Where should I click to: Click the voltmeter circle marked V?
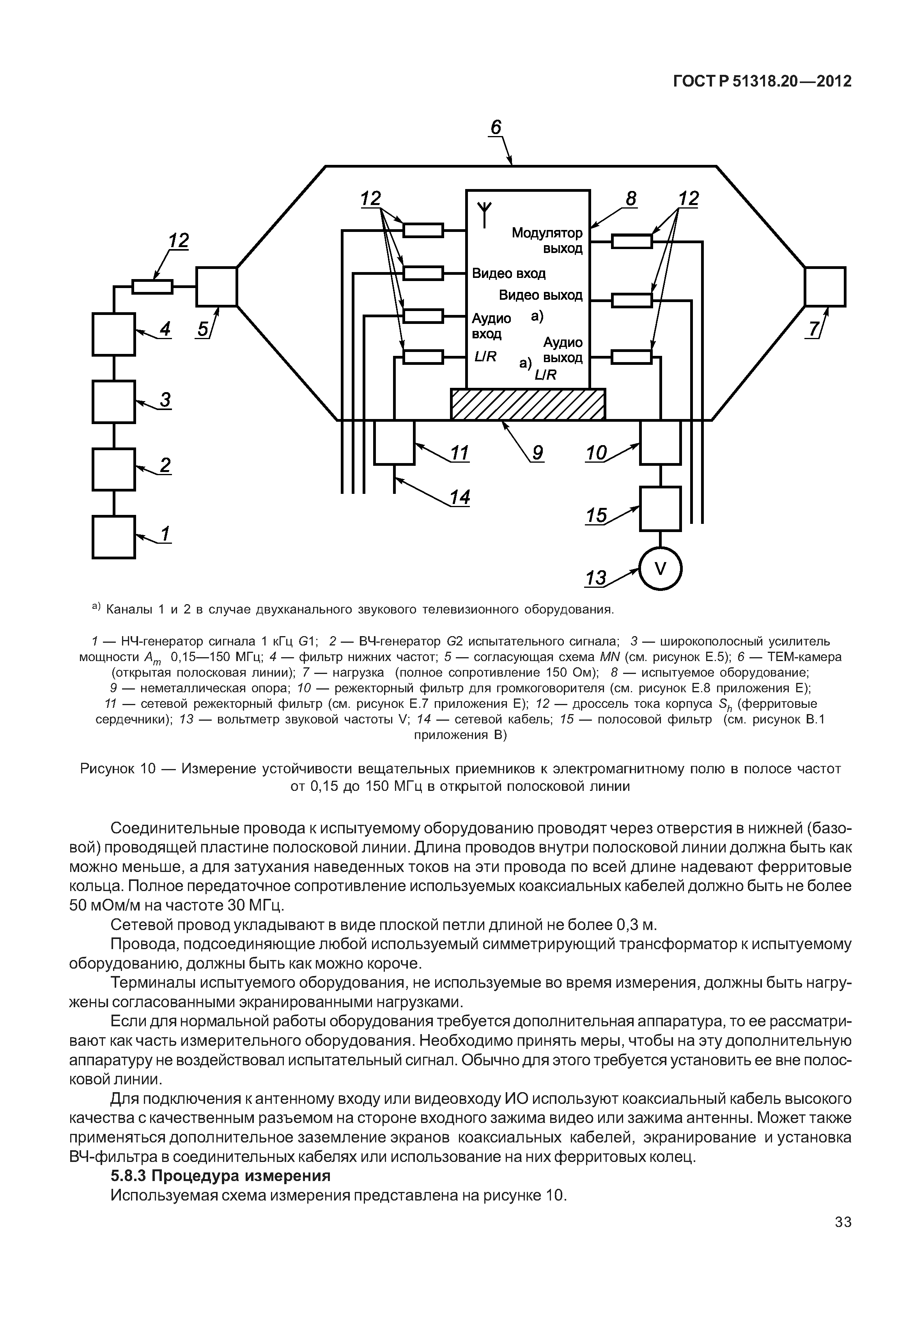[660, 569]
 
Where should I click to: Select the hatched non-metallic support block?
[528, 404]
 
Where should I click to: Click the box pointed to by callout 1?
[114, 537]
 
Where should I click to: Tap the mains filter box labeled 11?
[394, 442]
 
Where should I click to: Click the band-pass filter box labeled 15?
[660, 508]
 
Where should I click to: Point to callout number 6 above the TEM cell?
[496, 127]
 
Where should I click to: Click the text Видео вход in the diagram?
[508, 273]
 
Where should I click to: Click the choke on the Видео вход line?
[423, 273]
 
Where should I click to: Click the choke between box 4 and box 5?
[152, 286]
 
